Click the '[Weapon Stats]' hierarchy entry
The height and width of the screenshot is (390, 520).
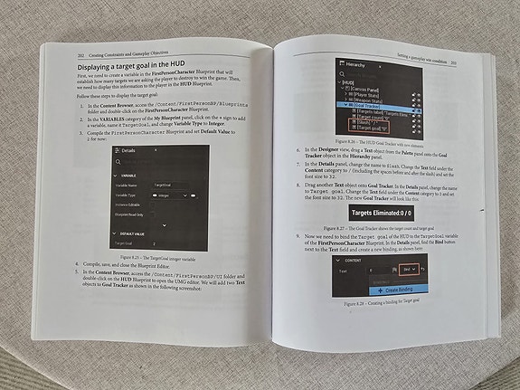coord(364,99)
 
